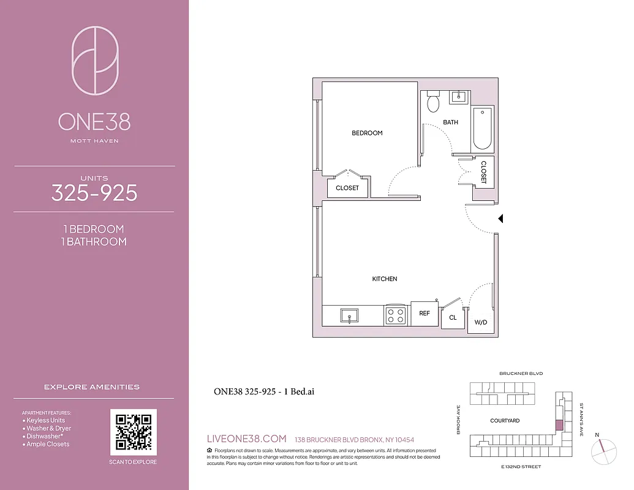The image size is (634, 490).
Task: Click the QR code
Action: (133, 431)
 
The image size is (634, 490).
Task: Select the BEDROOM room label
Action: (367, 133)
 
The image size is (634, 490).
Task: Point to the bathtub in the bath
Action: (482, 129)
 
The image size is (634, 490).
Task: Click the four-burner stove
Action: (396, 315)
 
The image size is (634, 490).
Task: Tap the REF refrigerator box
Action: (425, 314)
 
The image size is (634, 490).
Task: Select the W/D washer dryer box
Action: (480, 322)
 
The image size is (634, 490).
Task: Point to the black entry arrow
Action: (500, 218)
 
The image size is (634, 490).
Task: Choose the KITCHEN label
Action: (385, 279)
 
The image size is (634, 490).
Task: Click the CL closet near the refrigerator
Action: (453, 317)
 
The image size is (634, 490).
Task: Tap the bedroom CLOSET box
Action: (347, 188)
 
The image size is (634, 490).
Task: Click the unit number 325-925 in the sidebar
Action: (94, 193)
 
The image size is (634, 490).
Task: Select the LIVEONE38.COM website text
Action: (247, 439)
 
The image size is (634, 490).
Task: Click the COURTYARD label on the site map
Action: (505, 421)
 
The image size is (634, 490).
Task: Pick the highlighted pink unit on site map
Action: (558, 426)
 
